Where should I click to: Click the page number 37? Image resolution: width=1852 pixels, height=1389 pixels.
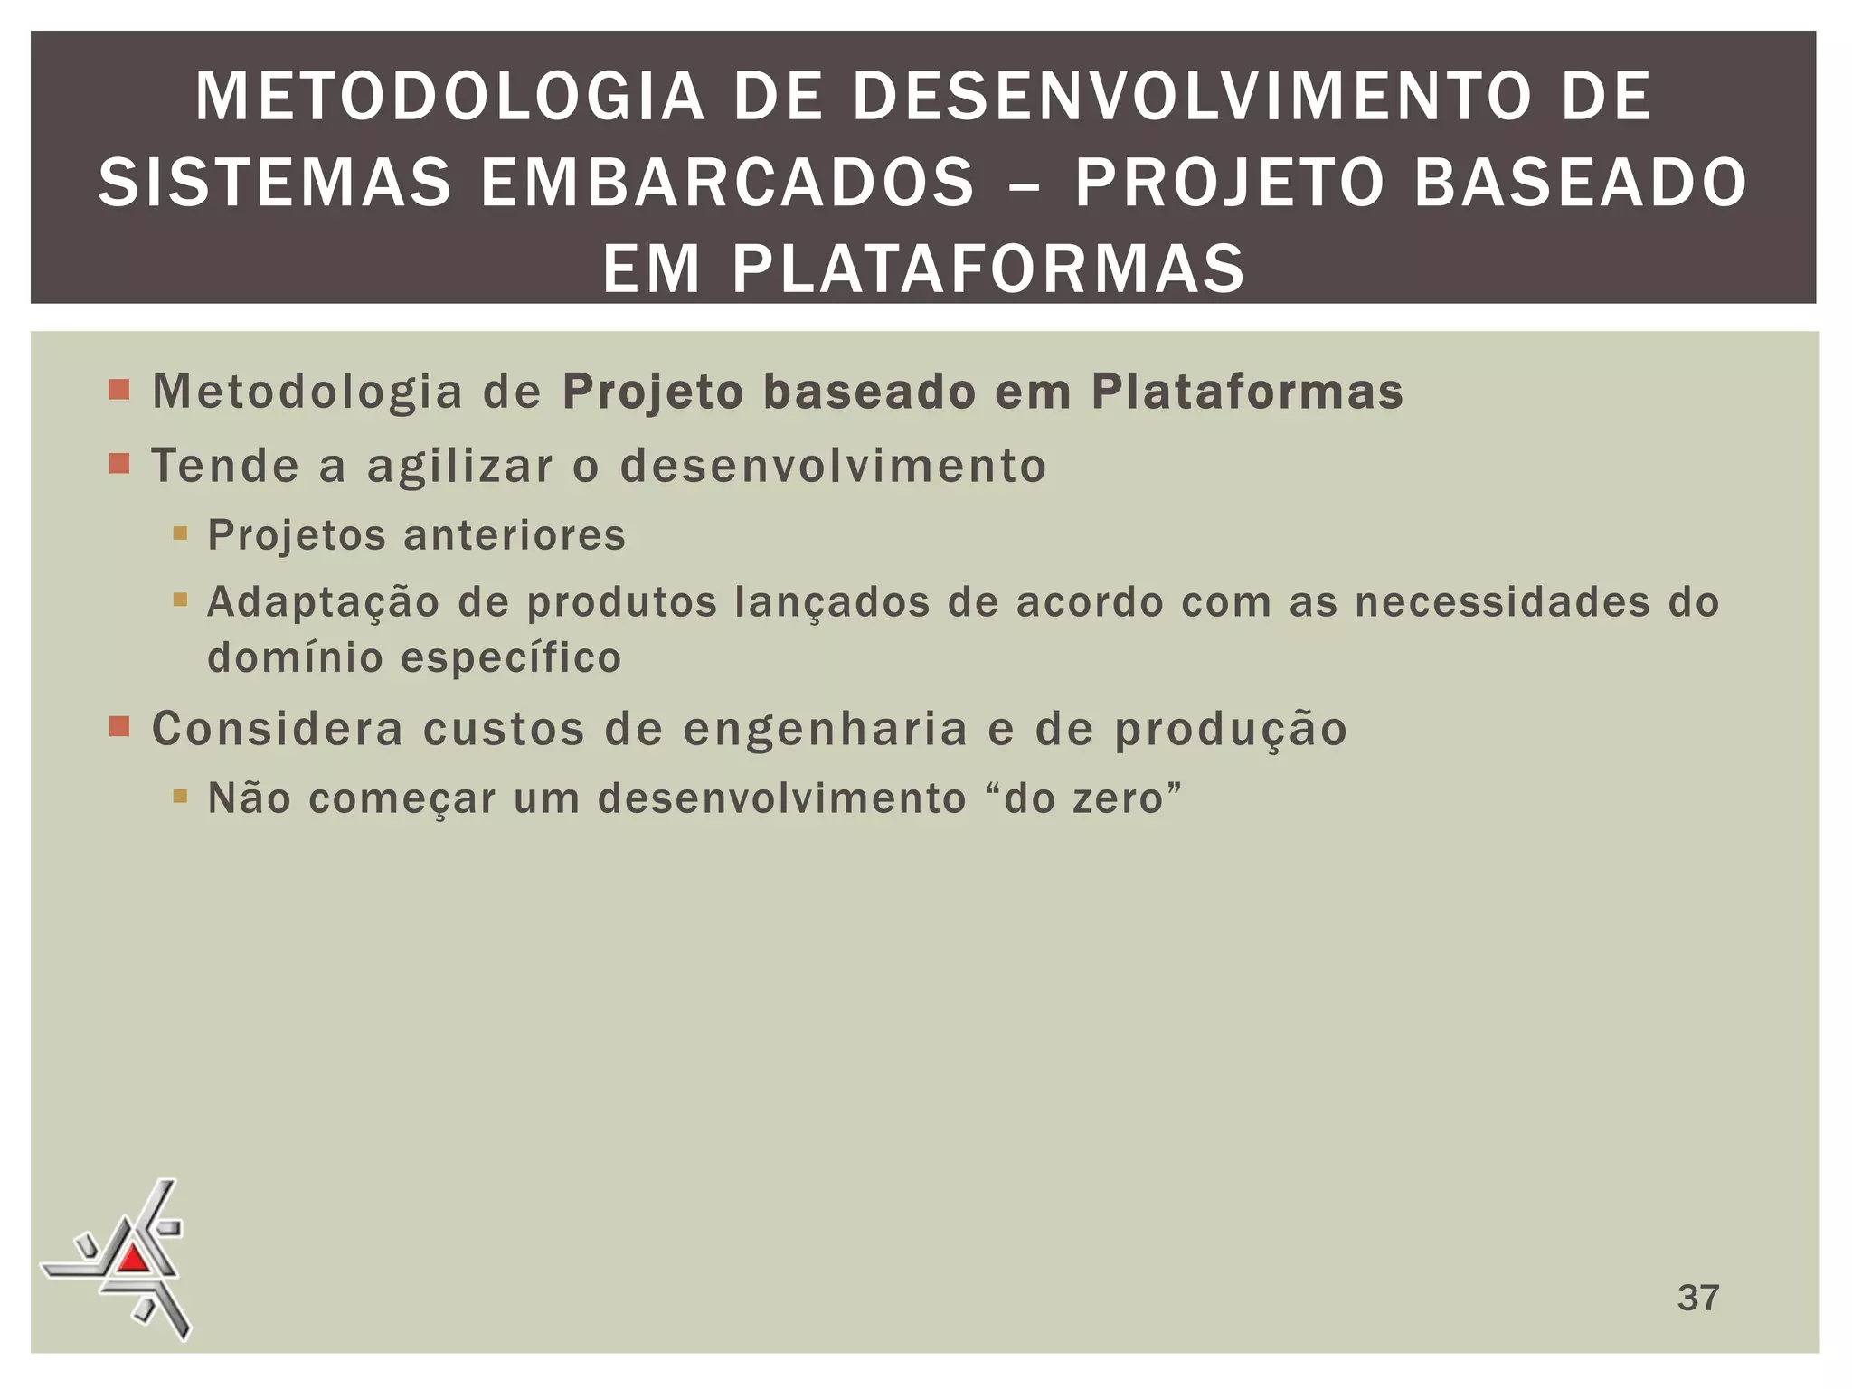1697,1298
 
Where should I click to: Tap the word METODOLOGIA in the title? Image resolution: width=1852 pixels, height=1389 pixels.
449,97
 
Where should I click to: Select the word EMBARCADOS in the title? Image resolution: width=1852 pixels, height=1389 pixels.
727,183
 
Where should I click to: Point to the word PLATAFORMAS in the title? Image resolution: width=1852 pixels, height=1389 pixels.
987,269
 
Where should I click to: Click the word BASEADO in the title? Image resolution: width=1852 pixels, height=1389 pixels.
1579,183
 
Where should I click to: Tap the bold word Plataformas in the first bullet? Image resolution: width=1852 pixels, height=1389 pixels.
1247,392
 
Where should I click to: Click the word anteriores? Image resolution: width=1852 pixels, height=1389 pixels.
515,535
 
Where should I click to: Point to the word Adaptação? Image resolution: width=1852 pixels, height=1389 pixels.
323,603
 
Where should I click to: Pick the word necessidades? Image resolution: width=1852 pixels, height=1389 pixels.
1502,602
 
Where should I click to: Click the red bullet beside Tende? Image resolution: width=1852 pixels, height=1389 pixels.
118,465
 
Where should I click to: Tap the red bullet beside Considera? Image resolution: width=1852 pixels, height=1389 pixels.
118,727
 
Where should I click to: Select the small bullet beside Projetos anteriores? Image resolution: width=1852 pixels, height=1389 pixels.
180,534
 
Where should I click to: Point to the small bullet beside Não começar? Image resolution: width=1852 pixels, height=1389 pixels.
180,797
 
